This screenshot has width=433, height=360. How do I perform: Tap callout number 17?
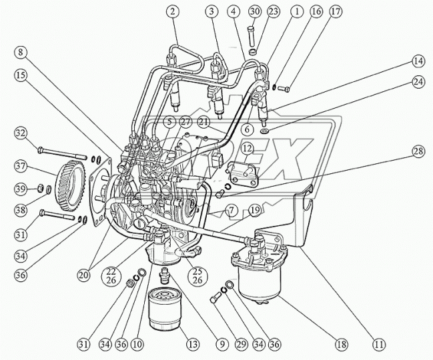click(x=335, y=11)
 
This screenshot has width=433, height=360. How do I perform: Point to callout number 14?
click(x=418, y=61)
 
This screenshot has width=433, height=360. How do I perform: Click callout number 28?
click(x=418, y=152)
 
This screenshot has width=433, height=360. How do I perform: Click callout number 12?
click(x=247, y=147)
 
